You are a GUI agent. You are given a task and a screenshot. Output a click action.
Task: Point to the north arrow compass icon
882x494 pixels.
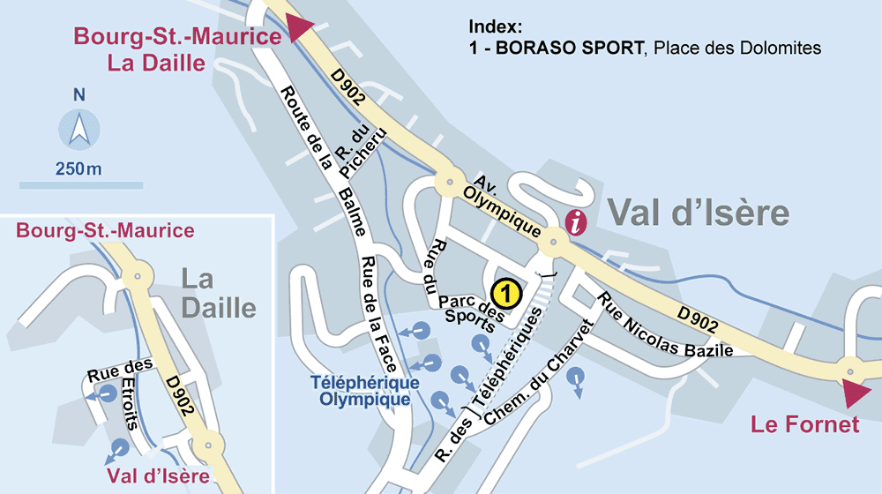click(79, 130)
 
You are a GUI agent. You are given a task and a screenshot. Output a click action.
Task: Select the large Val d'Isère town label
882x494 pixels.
click(698, 213)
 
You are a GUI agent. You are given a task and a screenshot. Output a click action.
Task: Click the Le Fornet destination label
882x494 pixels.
click(804, 425)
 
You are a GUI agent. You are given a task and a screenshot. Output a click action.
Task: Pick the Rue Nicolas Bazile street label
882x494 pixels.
click(666, 326)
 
